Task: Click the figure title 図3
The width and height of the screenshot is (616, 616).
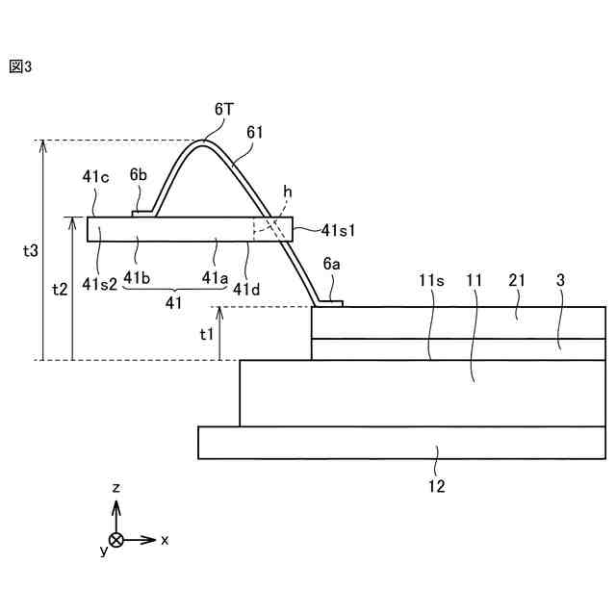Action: [20, 67]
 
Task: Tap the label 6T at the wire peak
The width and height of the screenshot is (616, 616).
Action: [223, 111]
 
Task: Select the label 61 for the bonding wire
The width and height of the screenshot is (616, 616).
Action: [255, 132]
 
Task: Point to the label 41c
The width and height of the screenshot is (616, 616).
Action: [95, 176]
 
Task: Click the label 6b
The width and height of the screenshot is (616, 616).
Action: [139, 176]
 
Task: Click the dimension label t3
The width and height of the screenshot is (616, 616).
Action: [31, 250]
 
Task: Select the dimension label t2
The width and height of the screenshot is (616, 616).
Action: [60, 289]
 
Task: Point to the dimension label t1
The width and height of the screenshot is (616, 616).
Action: [206, 334]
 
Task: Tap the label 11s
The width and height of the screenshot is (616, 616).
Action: [430, 281]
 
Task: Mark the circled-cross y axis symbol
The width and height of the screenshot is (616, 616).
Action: [115, 540]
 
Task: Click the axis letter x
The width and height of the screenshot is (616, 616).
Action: [165, 540]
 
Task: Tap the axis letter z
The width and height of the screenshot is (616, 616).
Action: [115, 488]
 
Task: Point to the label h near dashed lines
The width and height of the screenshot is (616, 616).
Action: [287, 192]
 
